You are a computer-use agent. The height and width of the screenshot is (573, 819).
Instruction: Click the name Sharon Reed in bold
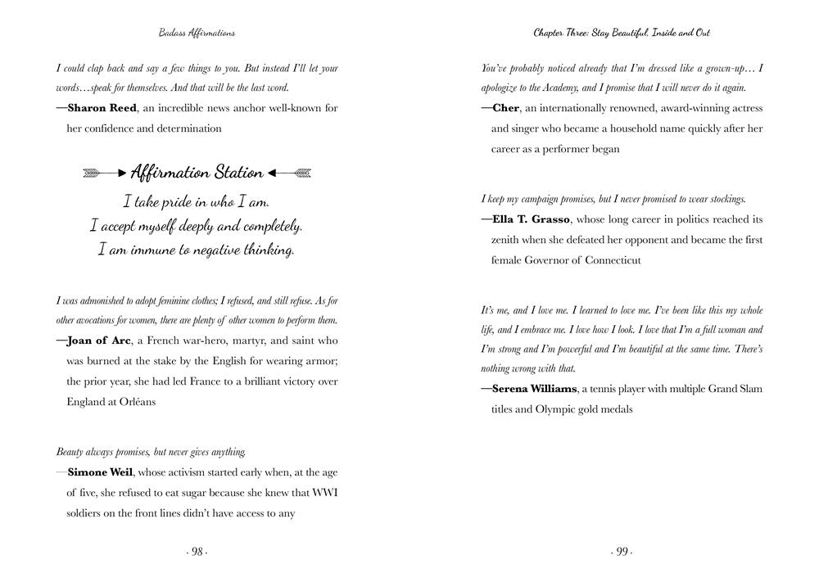pyautogui.click(x=100, y=108)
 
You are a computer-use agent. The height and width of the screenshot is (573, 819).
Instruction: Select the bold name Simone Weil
pyautogui.click(x=101, y=472)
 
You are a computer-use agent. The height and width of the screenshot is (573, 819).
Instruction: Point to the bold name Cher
pyautogui.click(x=507, y=108)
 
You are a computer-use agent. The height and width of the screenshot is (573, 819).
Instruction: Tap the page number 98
pyautogui.click(x=197, y=552)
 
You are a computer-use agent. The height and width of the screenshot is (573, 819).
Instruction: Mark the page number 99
pyautogui.click(x=622, y=552)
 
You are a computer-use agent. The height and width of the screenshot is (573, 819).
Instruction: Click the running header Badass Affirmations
pyautogui.click(x=197, y=33)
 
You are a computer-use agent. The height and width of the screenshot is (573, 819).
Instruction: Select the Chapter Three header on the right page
pyautogui.click(x=622, y=33)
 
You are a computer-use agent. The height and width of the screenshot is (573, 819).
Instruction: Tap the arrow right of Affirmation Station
pyautogui.click(x=290, y=173)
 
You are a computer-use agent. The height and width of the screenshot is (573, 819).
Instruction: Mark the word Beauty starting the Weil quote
pyautogui.click(x=70, y=451)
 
